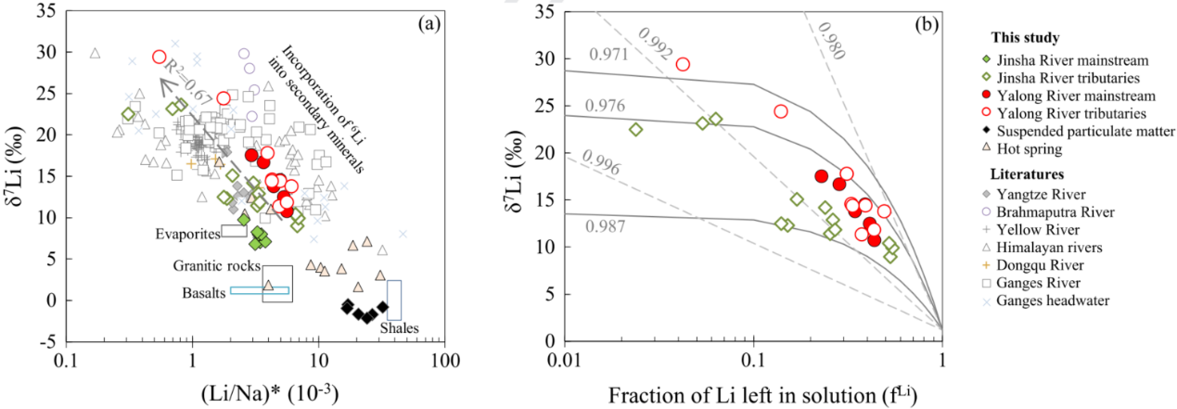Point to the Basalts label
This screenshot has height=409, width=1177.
point(203,293)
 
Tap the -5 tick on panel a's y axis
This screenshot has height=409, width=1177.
point(47,342)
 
